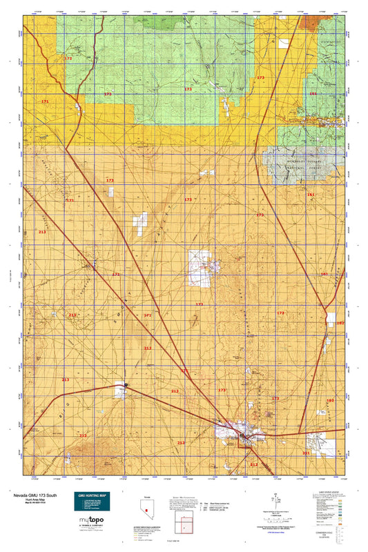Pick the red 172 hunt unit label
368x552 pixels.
tap(68, 59)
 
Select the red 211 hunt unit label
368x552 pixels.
tap(306, 453)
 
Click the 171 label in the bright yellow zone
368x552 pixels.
tap(45, 102)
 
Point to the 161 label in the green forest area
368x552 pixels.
tap(313, 93)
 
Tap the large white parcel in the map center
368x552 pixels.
tap(200, 268)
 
